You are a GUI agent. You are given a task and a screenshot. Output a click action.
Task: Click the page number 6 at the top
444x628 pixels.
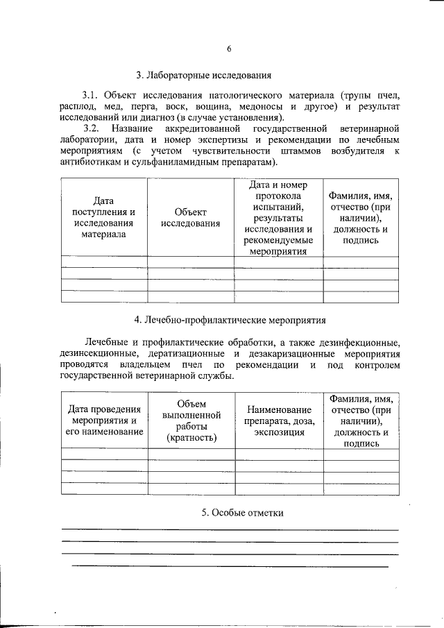point(229,48)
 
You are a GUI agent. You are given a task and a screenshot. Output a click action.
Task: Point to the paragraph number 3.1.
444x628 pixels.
point(92,94)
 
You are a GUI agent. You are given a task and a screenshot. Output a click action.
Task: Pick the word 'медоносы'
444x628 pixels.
point(259,106)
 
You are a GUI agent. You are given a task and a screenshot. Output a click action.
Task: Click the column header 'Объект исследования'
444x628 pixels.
point(191,217)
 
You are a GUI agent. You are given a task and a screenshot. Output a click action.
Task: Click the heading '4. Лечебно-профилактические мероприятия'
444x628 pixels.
point(230,320)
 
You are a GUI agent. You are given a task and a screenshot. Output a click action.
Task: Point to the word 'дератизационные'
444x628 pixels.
point(178,353)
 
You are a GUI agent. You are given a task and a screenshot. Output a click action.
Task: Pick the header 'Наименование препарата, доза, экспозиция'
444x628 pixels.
point(280,421)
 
